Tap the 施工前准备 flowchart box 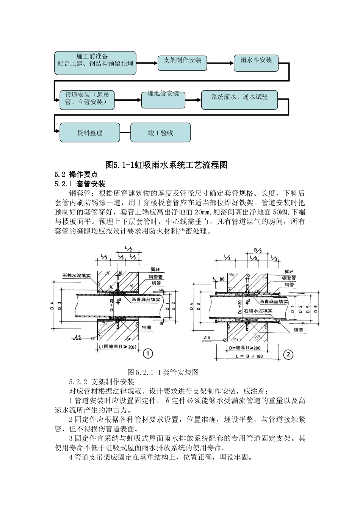pyautogui.click(x=95, y=62)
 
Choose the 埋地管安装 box pyautogui.click(x=163, y=99)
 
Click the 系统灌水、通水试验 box pyautogui.click(x=239, y=99)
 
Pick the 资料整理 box pyautogui.click(x=90, y=133)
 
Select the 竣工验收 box pyautogui.click(x=160, y=133)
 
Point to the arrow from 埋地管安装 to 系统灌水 pyautogui.click(x=193, y=100)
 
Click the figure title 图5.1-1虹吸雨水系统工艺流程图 pyautogui.click(x=166, y=165)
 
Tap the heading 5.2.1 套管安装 pyautogui.click(x=80, y=184)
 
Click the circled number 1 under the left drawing pyautogui.click(x=148, y=353)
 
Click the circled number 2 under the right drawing pyautogui.click(x=288, y=354)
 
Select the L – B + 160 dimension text pyautogui.click(x=248, y=356)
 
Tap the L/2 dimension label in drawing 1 pyautogui.click(x=128, y=249)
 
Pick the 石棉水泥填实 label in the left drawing pyautogui.click(x=77, y=276)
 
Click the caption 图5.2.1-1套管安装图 pyautogui.click(x=163, y=372)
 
